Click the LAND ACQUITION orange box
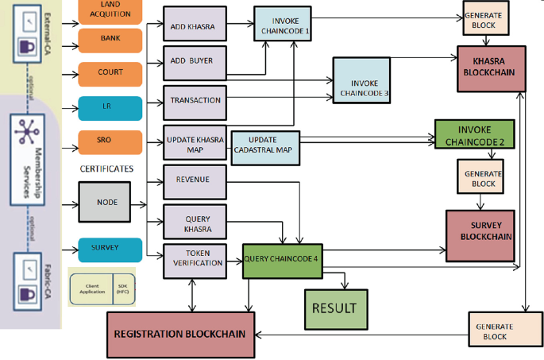pyautogui.click(x=110, y=10)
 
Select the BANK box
pyautogui.click(x=110, y=39)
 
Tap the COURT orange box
pyautogui.click(x=110, y=73)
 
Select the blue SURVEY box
pyautogui.click(x=110, y=248)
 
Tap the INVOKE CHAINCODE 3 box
pyautogui.click(x=364, y=85)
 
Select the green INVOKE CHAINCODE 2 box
pyautogui.click(x=474, y=134)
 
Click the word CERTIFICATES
pyautogui.click(x=106, y=168)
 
